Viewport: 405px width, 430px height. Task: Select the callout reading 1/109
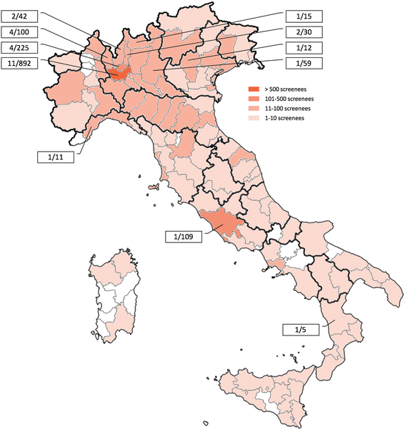(182, 237)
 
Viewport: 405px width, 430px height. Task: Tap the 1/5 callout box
(299, 330)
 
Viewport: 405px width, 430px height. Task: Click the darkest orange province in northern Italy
(119, 72)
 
